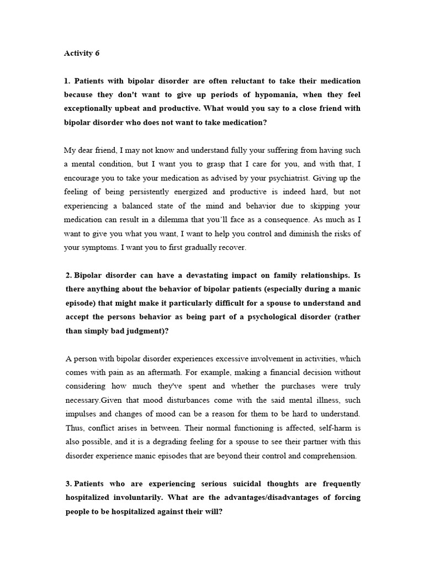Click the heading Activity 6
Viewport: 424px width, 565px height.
(x=81, y=54)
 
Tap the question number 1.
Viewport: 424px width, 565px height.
(x=67, y=81)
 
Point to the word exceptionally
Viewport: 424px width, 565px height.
(x=90, y=108)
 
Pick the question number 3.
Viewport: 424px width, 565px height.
(x=68, y=484)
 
